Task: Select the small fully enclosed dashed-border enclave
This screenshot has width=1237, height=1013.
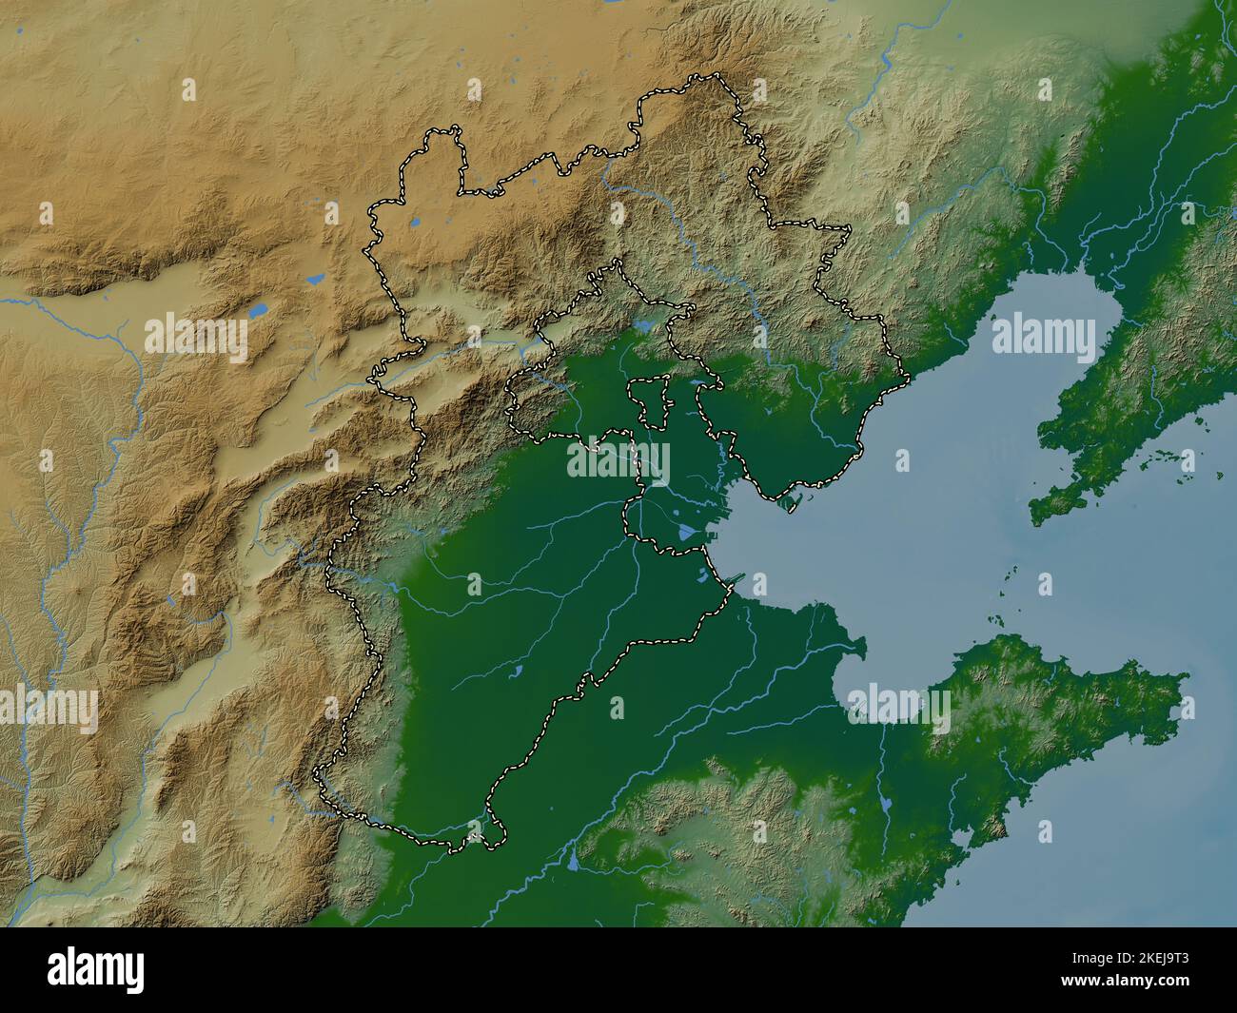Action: coord(653,402)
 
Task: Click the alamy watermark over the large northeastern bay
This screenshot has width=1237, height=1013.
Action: coord(1043,337)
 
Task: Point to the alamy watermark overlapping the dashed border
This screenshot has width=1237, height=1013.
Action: coord(618,462)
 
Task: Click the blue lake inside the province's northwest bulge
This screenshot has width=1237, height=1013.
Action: coord(415,224)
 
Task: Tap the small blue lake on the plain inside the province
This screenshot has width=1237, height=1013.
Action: coord(515,673)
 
